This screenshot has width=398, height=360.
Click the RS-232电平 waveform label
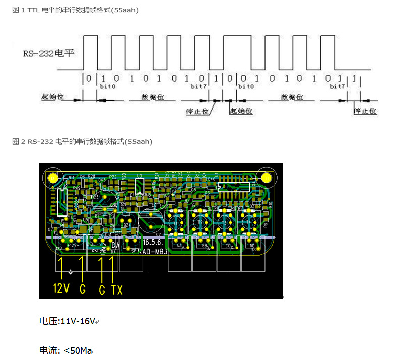48,53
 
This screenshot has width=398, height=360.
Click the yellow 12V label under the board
60,289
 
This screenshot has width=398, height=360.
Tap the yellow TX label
117,289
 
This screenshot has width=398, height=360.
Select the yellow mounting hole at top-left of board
52,177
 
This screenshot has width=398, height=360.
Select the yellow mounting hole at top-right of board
266,177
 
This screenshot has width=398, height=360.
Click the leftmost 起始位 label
52,97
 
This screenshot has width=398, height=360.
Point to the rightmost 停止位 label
365,111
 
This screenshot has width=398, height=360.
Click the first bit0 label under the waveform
107,87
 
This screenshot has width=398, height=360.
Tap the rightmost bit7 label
337,87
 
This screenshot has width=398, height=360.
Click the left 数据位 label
151,97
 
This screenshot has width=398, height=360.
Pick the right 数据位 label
291,97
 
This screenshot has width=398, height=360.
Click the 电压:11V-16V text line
67,321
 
